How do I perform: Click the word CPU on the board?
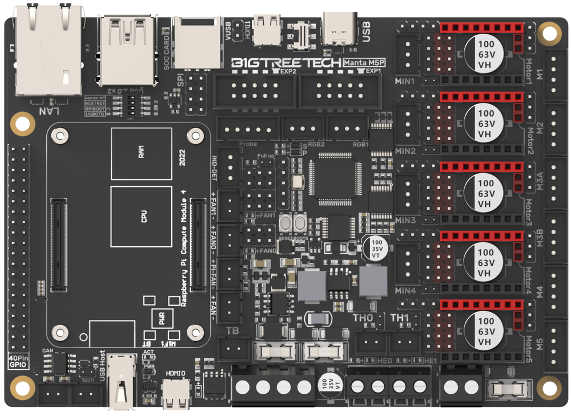(x=143, y=217)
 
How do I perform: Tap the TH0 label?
(x=363, y=318)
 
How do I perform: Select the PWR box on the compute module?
(x=162, y=320)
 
